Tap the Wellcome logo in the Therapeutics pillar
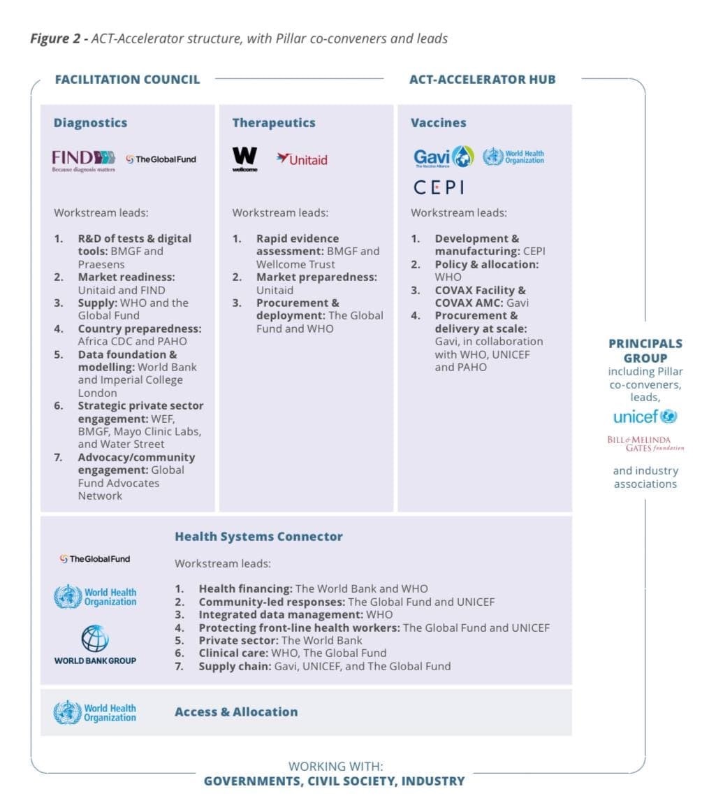coord(244,159)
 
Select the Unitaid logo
coord(302,159)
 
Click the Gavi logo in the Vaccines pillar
coord(444,157)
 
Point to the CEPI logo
coord(439,187)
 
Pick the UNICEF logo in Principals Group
coord(645,417)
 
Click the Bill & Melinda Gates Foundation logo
coord(645,444)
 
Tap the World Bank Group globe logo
coord(95,639)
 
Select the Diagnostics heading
coord(90,123)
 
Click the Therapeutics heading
coord(273,123)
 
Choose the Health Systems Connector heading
coord(258,537)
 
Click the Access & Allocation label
coord(236,712)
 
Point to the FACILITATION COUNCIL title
coord(127,79)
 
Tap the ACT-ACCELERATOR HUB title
coord(482,79)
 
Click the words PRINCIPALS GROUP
coord(645,351)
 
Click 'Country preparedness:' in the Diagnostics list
coord(140,328)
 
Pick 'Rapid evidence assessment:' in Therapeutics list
coord(298,245)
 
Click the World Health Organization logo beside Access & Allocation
coord(95,713)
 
